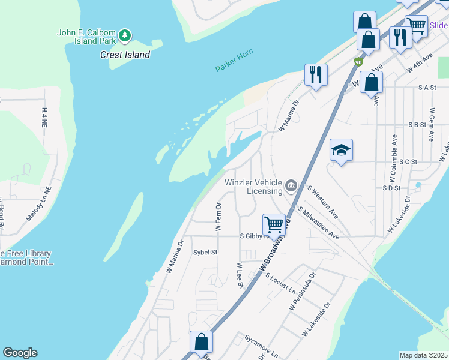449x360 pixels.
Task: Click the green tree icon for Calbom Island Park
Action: point(125,35)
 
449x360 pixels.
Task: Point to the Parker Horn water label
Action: point(234,61)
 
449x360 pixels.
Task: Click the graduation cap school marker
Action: point(341,150)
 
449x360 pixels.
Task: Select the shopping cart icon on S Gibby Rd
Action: point(274,224)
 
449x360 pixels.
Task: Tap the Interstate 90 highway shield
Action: point(358,62)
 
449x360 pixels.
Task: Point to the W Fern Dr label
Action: point(218,216)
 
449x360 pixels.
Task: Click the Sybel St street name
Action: point(205,253)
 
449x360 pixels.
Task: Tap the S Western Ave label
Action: point(322,201)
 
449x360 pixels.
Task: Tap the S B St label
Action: point(417,125)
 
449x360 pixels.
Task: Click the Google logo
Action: point(20,353)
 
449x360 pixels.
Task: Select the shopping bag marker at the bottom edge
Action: point(202,341)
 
